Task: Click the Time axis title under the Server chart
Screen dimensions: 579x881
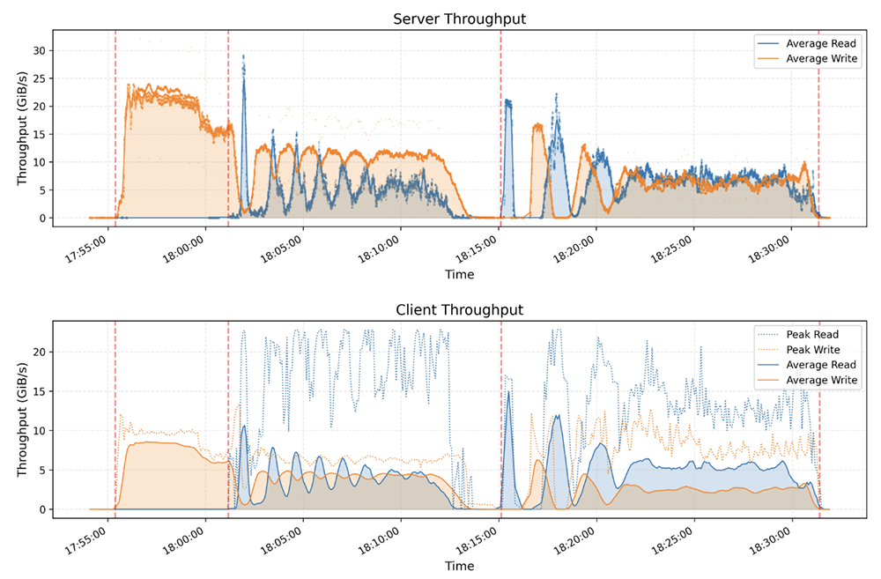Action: [459, 274]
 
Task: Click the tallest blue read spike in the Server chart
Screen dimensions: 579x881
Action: [244, 56]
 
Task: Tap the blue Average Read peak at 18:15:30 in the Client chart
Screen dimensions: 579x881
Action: [508, 392]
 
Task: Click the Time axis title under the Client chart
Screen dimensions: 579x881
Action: [459, 566]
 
